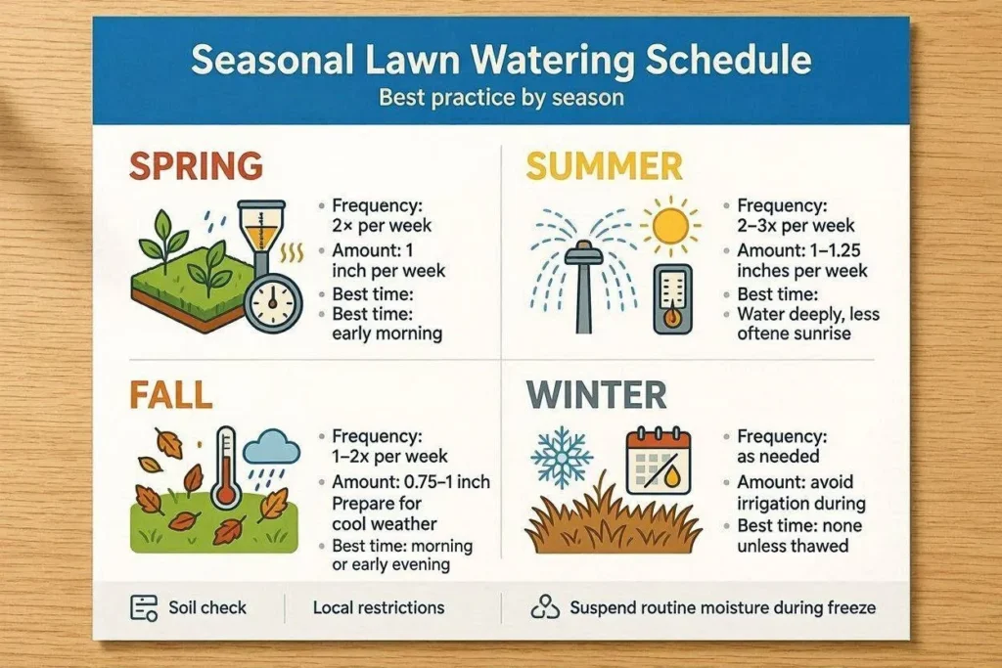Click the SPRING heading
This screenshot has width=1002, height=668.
click(196, 165)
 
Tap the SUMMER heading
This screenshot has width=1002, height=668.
click(604, 166)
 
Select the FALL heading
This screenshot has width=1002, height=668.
click(170, 395)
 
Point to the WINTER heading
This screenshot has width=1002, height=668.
click(596, 395)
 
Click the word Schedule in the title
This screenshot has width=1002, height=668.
click(728, 60)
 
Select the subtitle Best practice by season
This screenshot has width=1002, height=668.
click(501, 98)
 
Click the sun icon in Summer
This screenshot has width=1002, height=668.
click(670, 225)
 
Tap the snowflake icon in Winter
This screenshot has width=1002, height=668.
click(562, 458)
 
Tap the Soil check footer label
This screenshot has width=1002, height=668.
click(207, 607)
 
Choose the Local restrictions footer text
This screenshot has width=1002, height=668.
click(379, 607)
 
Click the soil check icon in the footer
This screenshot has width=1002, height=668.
click(144, 608)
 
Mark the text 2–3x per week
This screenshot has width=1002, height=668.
click(796, 225)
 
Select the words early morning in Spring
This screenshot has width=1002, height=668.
click(387, 334)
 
